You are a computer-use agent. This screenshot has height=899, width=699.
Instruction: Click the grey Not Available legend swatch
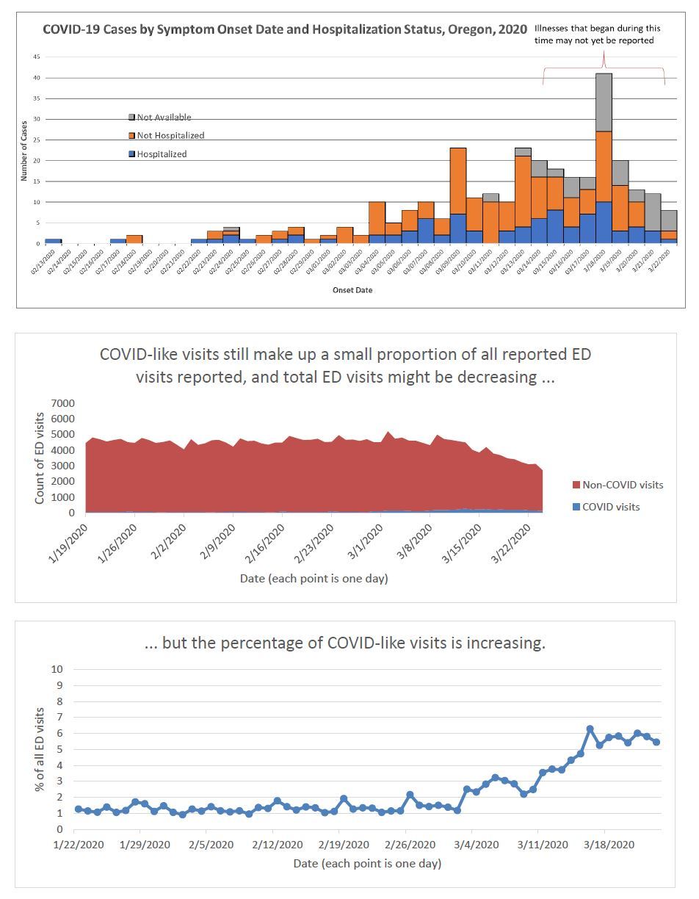[132, 117]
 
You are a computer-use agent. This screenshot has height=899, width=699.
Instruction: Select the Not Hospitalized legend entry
[170, 135]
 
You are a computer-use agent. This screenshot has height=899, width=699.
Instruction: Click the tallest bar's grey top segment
[604, 102]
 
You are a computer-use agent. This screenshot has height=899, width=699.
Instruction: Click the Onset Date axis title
[353, 289]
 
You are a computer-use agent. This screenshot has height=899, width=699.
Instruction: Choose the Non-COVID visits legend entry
[617, 485]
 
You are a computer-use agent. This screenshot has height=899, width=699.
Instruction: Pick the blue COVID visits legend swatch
[576, 507]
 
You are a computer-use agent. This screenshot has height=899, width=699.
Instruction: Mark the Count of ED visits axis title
[40, 458]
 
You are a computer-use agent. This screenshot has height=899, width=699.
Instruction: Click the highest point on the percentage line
[590, 729]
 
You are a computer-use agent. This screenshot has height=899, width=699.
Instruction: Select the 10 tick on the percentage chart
[57, 669]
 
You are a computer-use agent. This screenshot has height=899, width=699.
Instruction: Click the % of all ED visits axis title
[40, 749]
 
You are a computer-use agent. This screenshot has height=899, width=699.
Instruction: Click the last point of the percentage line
[656, 742]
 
